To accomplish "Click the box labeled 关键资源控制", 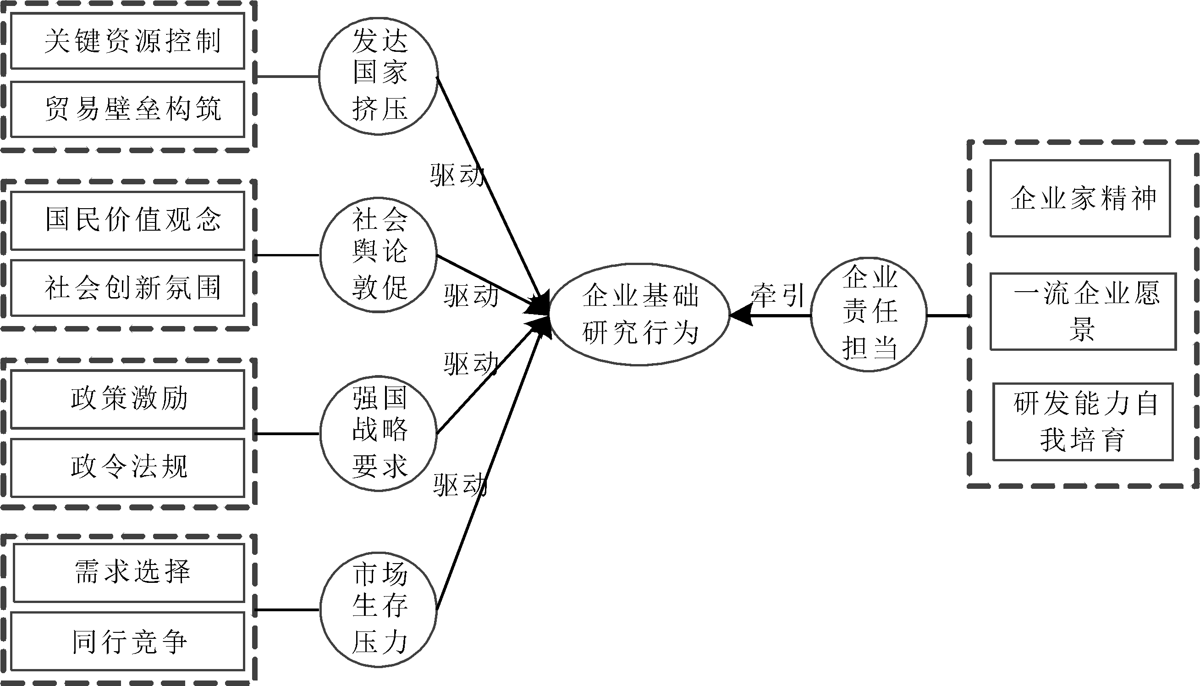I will click(x=127, y=41).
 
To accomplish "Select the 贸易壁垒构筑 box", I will click(x=127, y=109).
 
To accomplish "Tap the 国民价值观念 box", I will click(x=127, y=220).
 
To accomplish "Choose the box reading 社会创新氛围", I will click(x=127, y=288).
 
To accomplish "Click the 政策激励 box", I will click(x=127, y=399).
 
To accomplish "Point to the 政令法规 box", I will click(x=127, y=467).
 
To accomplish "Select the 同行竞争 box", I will click(x=127, y=641).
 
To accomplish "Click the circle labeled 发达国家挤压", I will click(x=379, y=76).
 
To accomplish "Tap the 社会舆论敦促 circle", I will click(x=379, y=255).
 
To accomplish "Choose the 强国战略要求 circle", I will click(x=379, y=433).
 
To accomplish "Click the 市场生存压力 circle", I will click(x=379, y=610).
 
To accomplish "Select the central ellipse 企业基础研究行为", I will click(x=639, y=314).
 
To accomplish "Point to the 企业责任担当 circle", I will click(x=869, y=314).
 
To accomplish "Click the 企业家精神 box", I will click(x=1080, y=199).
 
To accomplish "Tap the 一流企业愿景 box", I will click(x=1083, y=311).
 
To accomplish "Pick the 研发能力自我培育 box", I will click(x=1083, y=422).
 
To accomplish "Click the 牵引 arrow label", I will click(x=777, y=295).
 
